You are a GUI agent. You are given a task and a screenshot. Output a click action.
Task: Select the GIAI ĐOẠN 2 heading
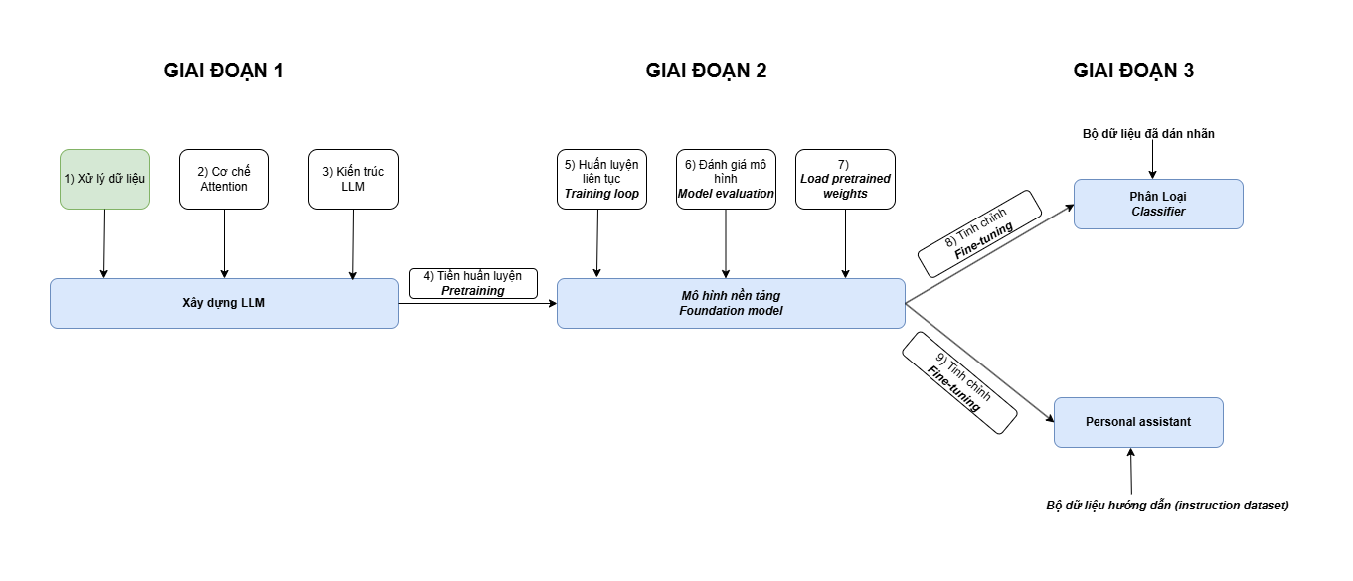706,71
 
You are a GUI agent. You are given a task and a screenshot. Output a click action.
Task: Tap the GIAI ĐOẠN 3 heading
1133,71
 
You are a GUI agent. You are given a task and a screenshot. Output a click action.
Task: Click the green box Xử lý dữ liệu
104,179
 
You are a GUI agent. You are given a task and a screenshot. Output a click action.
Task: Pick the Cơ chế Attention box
224,179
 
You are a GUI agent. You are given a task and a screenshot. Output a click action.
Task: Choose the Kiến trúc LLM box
353,179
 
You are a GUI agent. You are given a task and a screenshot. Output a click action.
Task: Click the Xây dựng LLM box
224,303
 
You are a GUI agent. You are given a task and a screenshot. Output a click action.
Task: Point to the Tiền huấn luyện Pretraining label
473,283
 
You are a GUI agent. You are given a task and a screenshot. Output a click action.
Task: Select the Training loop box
601,179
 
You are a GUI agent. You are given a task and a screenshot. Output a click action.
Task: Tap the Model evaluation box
726,179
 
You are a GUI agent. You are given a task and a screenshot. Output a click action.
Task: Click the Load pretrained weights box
845,179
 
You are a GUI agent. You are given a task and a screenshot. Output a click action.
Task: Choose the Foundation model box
731,303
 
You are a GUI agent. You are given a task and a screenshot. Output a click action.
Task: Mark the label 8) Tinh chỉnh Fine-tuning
979,233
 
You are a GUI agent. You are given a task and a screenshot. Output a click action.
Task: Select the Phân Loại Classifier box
1158,204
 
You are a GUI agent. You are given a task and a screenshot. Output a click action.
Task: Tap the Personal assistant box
1138,422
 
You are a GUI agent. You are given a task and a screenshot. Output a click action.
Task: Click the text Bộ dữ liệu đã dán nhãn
1148,133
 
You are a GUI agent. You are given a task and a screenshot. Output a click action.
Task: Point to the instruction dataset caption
1167,505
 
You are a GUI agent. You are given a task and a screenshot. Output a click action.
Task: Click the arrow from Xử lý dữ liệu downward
104,243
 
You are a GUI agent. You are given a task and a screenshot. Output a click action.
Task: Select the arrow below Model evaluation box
726,243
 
